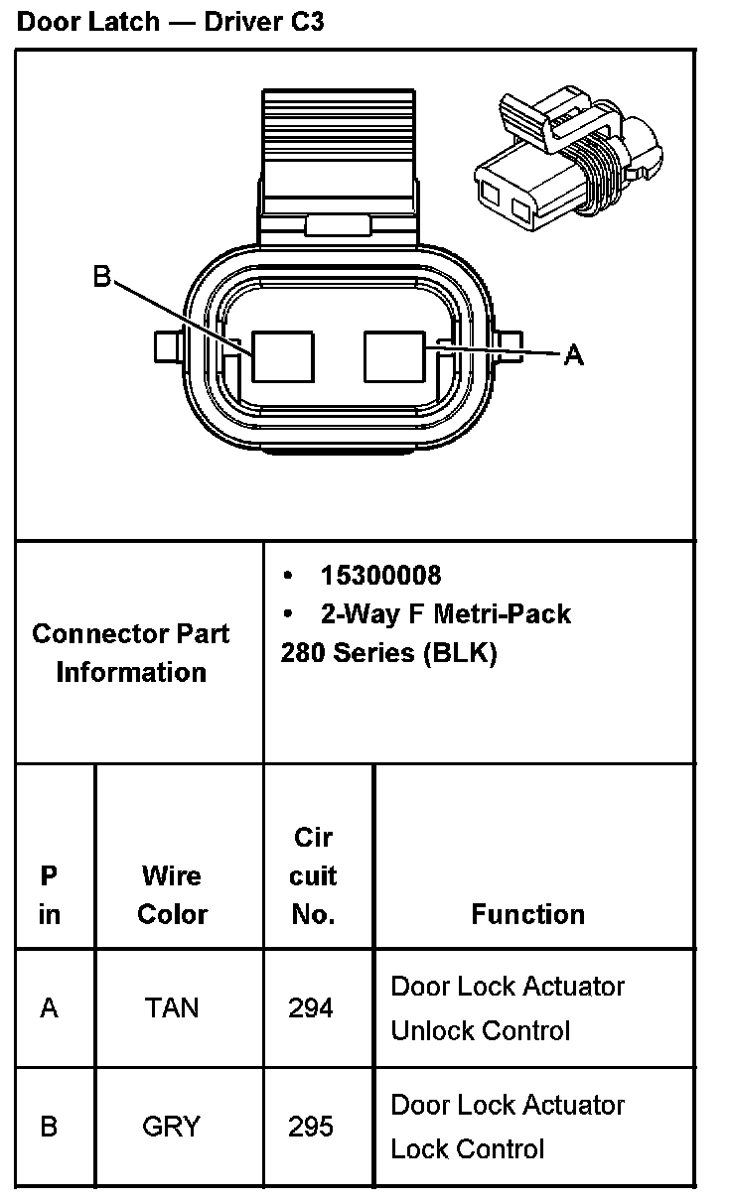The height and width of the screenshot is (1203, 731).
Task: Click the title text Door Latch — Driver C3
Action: point(171,22)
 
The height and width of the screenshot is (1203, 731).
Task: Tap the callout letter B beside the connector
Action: point(101,276)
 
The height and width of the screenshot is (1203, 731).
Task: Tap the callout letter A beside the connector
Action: point(573,354)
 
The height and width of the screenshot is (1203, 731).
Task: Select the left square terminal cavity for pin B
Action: point(283,356)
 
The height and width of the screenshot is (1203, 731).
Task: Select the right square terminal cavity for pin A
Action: point(394,356)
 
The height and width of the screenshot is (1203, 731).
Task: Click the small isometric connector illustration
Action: point(568,158)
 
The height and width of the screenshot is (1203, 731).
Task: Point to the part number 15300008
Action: point(380,575)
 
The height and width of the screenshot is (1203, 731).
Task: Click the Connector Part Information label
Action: point(131,652)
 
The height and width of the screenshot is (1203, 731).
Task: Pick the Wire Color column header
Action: point(172,894)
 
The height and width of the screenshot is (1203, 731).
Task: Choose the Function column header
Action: point(527,914)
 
